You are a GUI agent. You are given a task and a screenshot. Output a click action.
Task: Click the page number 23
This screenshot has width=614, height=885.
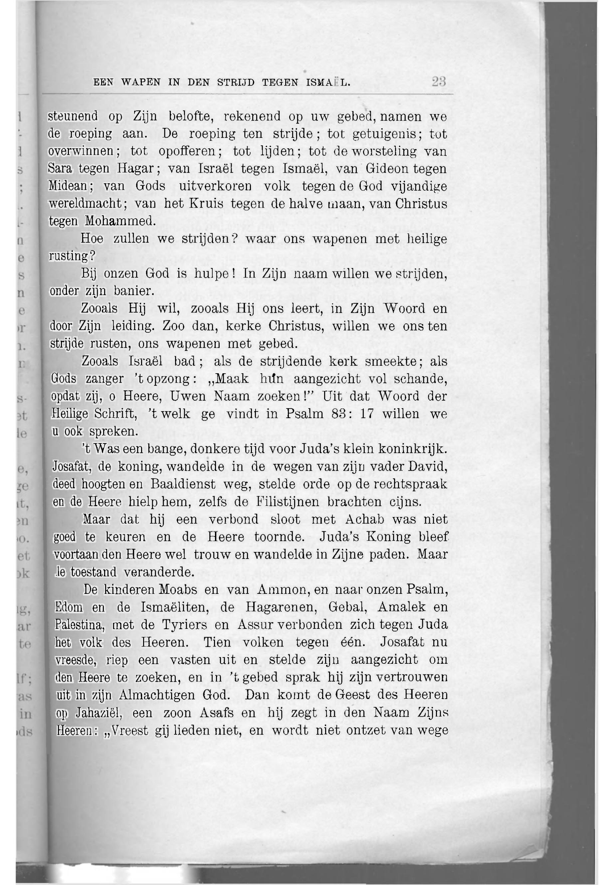(x=438, y=82)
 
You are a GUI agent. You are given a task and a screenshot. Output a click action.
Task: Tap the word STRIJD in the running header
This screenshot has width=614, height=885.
(x=236, y=82)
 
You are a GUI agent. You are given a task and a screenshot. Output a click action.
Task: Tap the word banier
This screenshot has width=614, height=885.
(x=134, y=291)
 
